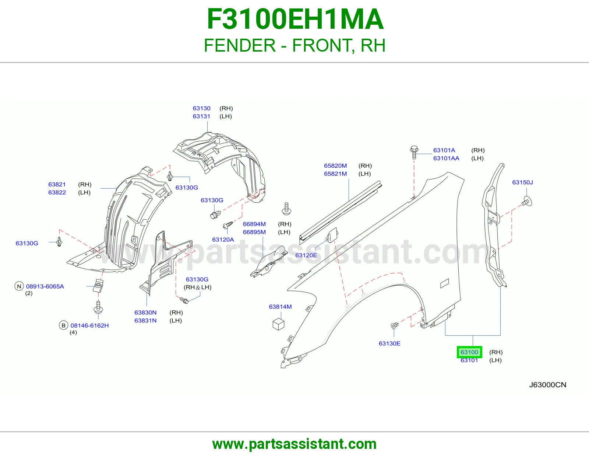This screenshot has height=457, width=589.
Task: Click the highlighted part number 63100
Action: pyautogui.click(x=469, y=352)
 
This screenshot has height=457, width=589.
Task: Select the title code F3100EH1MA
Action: pyautogui.click(x=295, y=19)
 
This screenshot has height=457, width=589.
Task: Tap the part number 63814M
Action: pyautogui.click(x=280, y=307)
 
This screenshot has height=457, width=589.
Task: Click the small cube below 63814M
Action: pyautogui.click(x=278, y=324)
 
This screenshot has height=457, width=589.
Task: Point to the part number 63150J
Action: pyautogui.click(x=522, y=182)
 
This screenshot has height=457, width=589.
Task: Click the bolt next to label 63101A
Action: pyautogui.click(x=414, y=152)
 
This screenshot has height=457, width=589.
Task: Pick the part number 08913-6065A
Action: pyautogui.click(x=45, y=286)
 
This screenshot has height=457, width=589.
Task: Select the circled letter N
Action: pyautogui.click(x=19, y=286)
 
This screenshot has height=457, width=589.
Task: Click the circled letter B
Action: pyautogui.click(x=63, y=325)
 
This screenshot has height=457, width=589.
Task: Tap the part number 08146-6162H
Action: pyautogui.click(x=89, y=325)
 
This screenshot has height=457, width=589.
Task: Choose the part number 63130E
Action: pyautogui.click(x=389, y=343)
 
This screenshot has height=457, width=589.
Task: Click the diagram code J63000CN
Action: pyautogui.click(x=548, y=385)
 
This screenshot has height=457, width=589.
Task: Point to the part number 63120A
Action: pyautogui.click(x=223, y=239)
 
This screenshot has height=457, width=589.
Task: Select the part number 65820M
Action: pyautogui.click(x=335, y=165)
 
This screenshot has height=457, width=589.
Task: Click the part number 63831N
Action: pyautogui.click(x=145, y=321)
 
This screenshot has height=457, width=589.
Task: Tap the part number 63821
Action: pyautogui.click(x=57, y=184)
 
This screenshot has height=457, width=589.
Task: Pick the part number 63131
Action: pyautogui.click(x=201, y=116)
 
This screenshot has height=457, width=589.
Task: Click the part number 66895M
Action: pyautogui.click(x=254, y=232)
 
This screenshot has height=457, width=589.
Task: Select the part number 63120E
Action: pyautogui.click(x=306, y=255)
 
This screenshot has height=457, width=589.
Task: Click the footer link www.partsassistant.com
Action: pyautogui.click(x=294, y=444)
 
